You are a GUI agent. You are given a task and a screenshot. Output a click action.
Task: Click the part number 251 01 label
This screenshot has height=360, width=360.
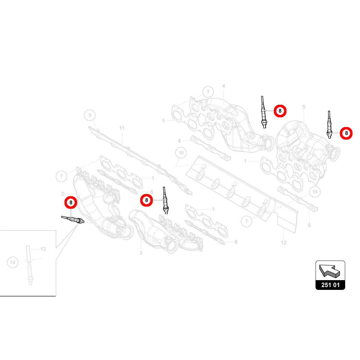tap(330, 285)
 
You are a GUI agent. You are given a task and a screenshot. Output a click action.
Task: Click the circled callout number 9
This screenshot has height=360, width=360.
tap(90, 115)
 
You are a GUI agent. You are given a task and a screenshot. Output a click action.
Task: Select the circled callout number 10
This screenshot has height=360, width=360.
tap(181, 153)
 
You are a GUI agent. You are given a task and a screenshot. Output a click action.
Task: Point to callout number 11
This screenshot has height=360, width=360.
tap(122, 128)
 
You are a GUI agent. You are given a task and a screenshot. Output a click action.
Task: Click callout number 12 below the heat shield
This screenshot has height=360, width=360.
tap(284, 242)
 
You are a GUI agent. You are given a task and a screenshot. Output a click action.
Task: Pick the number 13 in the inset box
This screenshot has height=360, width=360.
tap(43, 249)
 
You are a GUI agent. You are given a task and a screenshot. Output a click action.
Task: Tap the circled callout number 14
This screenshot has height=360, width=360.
tap(13, 263)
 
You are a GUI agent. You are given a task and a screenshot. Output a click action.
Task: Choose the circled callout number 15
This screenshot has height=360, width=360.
tap(315, 192)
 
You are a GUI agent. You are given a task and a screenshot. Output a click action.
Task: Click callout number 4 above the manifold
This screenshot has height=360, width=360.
tap(224, 86)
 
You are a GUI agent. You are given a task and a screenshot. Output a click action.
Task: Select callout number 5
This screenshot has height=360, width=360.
tap(304, 107)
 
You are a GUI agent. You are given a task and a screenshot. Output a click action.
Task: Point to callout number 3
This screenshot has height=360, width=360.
tap(141, 253)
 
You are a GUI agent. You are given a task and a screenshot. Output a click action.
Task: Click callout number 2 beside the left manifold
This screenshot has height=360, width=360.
tap(63, 194)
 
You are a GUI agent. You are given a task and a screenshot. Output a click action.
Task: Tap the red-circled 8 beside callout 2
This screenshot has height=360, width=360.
tap(71, 202)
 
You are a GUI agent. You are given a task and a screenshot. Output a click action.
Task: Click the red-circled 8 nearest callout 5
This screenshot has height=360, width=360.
tap(346, 133)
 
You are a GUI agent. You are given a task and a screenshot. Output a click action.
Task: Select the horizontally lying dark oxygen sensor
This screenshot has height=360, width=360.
tap(73, 219)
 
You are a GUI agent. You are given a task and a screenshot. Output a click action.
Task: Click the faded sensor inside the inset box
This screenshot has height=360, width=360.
tap(29, 265)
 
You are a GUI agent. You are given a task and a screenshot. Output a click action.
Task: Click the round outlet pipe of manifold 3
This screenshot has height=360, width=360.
tap(172, 245)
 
